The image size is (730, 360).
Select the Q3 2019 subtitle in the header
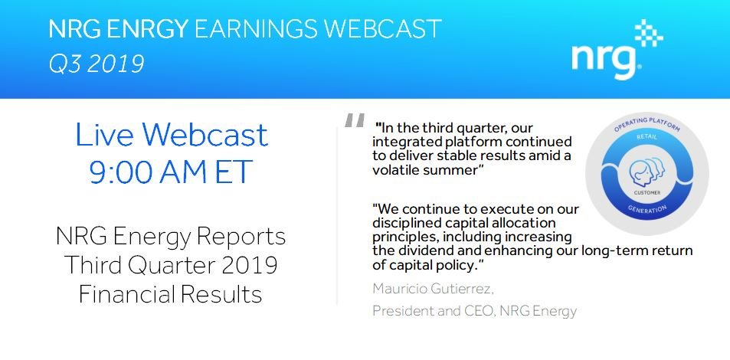pyautogui.click(x=96, y=64)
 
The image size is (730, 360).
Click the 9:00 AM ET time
pyautogui.click(x=171, y=172)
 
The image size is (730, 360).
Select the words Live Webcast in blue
pyautogui.click(x=172, y=135)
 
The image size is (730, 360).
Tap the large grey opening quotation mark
pyautogui.click(x=355, y=121)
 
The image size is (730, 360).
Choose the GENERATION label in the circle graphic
pyautogui.click(x=647, y=207)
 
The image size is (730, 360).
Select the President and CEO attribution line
pyautogui.click(x=473, y=310)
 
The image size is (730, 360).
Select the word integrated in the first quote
pyautogui.click(x=404, y=142)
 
